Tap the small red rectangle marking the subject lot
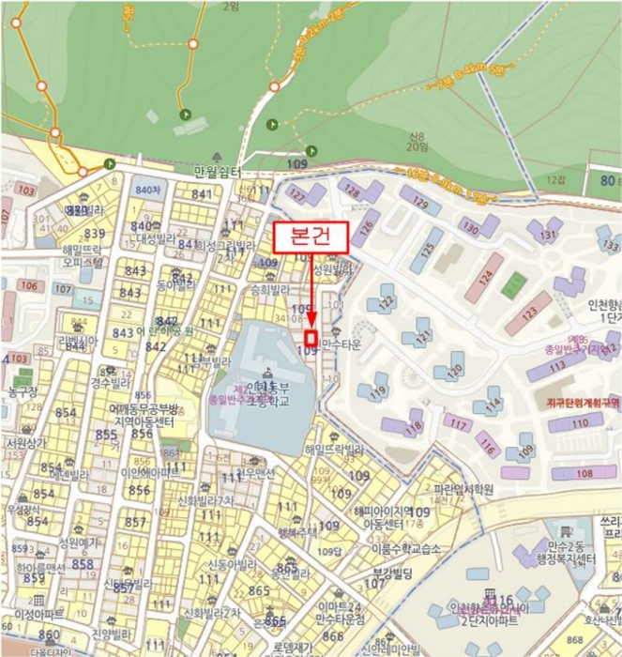311,337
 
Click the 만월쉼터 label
218,172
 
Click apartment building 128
354,191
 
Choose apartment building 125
427,251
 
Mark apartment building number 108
584,472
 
